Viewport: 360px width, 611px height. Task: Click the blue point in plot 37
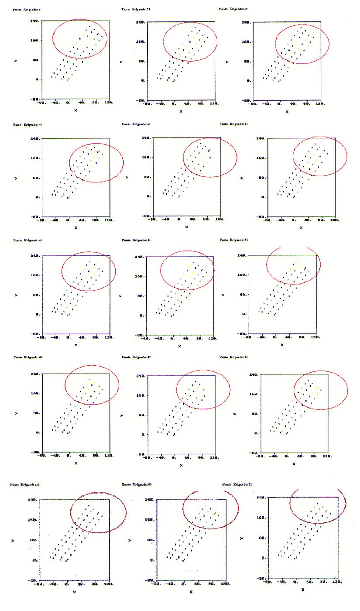tap(80, 39)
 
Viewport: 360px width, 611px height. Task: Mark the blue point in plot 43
tap(89, 271)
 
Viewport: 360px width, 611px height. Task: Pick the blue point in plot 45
tap(294, 264)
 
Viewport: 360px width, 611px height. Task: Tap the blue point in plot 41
tap(210, 158)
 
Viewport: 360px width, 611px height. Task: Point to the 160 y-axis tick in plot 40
tap(35, 158)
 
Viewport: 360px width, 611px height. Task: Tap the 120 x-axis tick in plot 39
tap(320, 105)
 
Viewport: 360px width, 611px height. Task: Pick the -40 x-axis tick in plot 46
tap(55, 456)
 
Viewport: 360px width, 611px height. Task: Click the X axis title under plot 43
tap(76, 345)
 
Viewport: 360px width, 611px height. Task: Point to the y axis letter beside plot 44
tap(120, 296)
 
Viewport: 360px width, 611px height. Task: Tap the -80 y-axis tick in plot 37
tap(34, 99)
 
